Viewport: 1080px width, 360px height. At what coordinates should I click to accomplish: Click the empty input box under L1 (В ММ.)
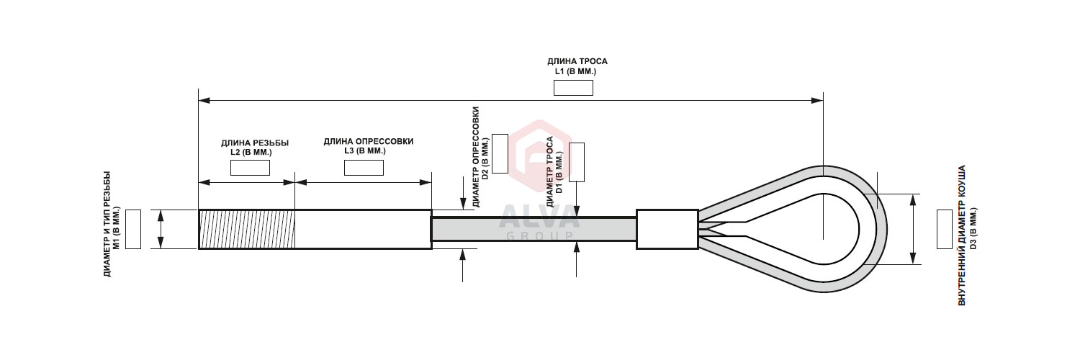[573, 88]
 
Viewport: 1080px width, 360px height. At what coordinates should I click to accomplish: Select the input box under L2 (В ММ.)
[250, 168]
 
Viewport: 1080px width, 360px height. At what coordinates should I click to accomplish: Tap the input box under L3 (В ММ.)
[364, 168]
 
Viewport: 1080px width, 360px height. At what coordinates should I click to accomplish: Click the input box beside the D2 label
[500, 154]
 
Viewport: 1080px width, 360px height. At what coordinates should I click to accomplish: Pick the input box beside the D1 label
[577, 163]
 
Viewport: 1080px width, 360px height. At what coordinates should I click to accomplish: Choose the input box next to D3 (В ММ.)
[945, 230]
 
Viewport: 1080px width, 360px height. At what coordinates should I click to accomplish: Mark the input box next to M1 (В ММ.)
[133, 230]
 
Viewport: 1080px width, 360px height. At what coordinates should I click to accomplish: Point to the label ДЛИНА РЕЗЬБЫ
[255, 143]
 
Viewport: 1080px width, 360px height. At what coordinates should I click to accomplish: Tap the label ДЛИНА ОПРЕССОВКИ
[369, 142]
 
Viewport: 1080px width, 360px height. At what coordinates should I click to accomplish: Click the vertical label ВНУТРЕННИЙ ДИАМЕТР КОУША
[961, 235]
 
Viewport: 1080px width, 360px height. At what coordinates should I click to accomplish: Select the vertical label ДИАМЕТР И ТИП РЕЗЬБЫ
[107, 224]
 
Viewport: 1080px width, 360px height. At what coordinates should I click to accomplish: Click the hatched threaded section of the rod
[247, 230]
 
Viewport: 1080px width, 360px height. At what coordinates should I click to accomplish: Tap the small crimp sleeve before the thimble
[667, 230]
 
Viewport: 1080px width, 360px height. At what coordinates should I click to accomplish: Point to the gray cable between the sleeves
[534, 230]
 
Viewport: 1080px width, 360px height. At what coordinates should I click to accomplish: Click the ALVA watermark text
[539, 218]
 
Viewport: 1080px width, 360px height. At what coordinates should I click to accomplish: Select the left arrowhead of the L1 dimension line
[204, 101]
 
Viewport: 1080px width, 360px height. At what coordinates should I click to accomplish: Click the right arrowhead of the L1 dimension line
[817, 101]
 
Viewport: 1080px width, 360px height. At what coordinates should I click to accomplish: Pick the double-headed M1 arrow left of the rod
[161, 230]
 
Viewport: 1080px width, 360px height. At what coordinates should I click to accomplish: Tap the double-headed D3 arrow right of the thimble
[912, 230]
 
